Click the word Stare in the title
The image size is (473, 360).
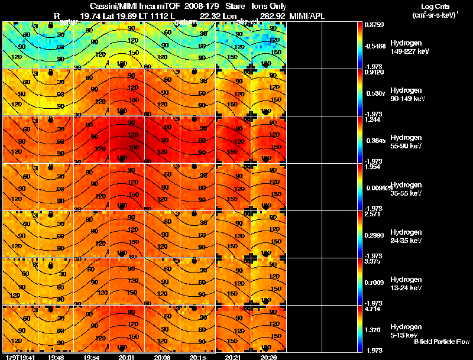(x=235, y=6)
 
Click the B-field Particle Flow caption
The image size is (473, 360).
(x=442, y=342)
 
